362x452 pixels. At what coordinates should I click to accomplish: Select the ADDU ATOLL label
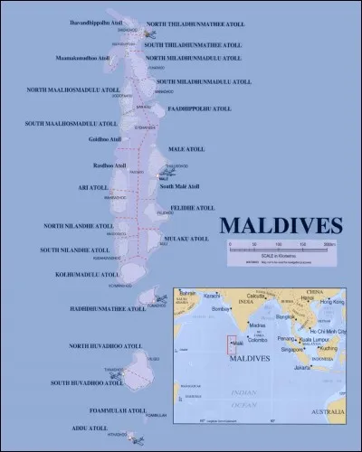[x=92, y=428]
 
